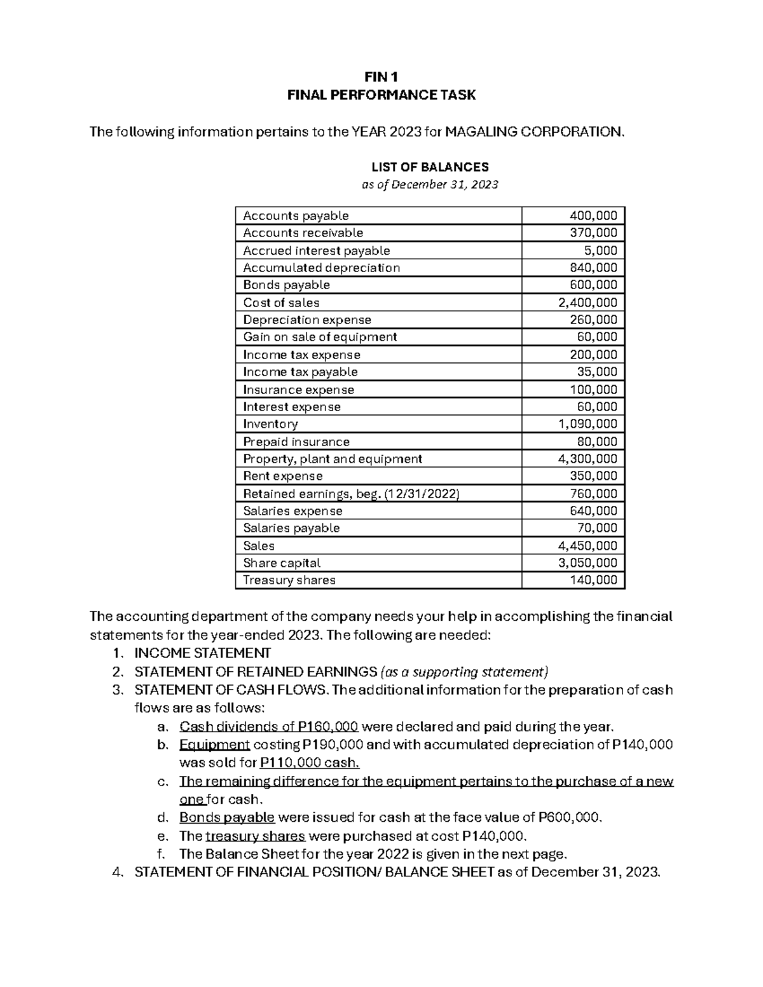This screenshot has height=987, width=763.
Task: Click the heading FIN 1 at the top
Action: click(381, 78)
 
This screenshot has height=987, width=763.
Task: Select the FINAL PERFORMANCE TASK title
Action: click(381, 95)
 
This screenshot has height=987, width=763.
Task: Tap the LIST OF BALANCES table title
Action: click(430, 167)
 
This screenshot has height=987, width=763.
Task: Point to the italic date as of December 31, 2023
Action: click(430, 185)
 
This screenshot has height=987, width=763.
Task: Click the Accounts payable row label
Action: click(296, 215)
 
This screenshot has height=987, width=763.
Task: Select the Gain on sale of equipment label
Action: click(320, 337)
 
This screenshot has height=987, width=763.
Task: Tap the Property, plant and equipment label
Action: click(332, 459)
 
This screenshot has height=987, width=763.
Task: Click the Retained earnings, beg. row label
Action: click(350, 494)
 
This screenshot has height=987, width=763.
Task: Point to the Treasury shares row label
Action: click(289, 580)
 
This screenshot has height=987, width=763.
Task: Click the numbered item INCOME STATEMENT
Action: click(203, 653)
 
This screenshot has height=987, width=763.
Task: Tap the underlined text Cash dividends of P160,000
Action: click(269, 727)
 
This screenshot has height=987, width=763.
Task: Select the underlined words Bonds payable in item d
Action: click(227, 817)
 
